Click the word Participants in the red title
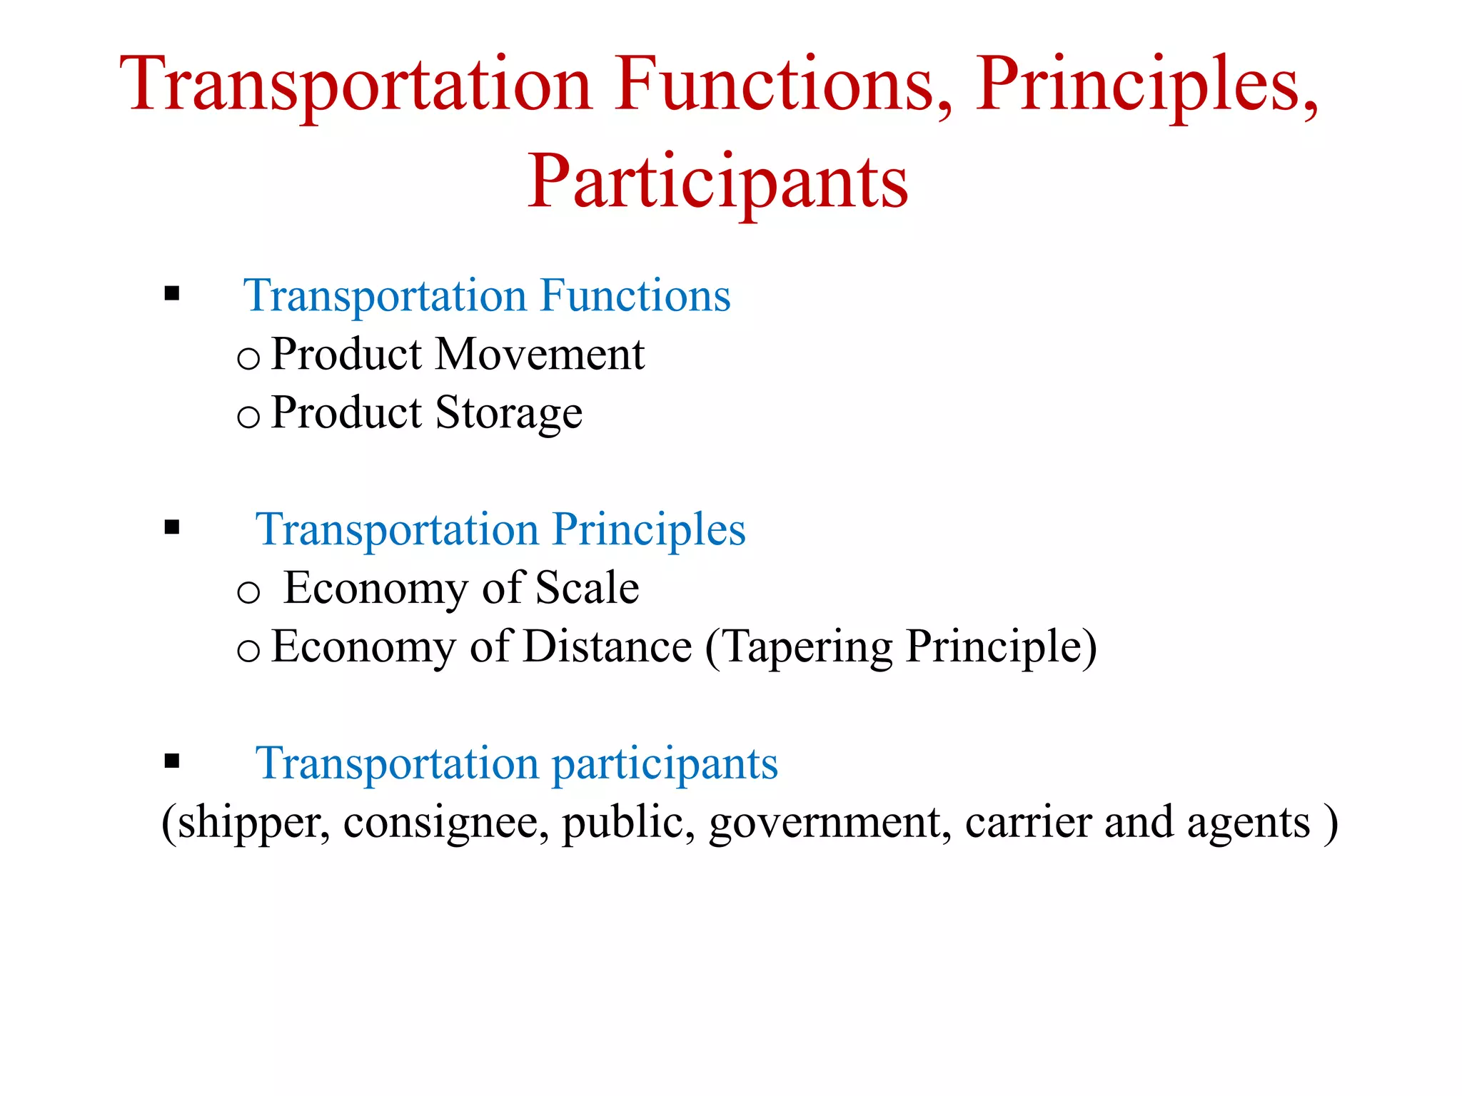tap(717, 182)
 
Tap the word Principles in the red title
tap(1146, 86)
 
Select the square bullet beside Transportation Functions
tap(171, 293)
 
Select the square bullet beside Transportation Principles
tap(171, 527)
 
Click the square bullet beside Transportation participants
tap(171, 761)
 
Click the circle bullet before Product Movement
tap(248, 357)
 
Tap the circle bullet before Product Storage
tap(248, 416)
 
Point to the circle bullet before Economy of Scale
tap(248, 592)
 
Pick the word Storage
tap(508, 414)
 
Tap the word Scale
tap(587, 588)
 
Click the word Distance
tap(607, 646)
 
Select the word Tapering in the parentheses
tap(807, 648)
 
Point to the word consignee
tap(445, 823)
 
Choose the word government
tap(830, 823)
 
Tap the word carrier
tap(1028, 823)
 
